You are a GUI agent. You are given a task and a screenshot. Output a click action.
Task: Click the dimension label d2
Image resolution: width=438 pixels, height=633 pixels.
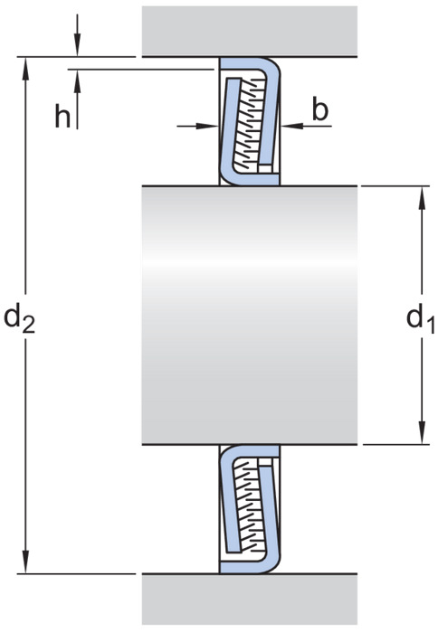tap(19, 318)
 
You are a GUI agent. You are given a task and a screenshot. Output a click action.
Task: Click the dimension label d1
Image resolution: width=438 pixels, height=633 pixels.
tap(421, 319)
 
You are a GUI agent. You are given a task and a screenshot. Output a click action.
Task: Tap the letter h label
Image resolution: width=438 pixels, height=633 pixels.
tap(62, 118)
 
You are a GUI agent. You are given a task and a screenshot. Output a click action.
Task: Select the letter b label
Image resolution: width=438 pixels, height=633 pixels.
tap(320, 109)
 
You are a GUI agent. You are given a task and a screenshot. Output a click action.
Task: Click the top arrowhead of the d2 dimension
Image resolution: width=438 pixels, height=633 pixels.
tap(26, 68)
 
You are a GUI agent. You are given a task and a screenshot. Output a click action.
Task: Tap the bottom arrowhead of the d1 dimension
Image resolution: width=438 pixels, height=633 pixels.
tap(423, 433)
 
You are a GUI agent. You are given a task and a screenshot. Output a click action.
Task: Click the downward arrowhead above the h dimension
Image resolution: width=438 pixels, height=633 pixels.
tap(78, 45)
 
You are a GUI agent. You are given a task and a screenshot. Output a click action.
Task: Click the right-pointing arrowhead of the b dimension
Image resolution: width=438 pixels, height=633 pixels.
tap(207, 126)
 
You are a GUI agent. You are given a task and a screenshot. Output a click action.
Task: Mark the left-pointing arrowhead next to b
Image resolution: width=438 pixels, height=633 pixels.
tap(292, 126)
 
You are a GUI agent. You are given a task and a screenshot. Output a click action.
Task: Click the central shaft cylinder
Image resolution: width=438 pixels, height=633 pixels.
tap(250, 316)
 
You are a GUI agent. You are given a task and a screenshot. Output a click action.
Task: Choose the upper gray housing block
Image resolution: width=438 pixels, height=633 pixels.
tap(250, 31)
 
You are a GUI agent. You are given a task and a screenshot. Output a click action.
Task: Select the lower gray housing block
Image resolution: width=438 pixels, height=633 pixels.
tap(250, 599)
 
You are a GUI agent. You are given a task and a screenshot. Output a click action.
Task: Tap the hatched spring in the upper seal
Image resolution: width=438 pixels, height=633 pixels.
tap(252, 123)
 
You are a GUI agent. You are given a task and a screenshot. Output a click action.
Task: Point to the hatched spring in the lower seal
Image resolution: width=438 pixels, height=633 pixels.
tap(252, 507)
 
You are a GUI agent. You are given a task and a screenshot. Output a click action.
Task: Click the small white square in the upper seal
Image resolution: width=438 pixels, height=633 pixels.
tap(265, 168)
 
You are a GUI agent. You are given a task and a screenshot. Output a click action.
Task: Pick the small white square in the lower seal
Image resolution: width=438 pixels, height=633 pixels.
tap(265, 462)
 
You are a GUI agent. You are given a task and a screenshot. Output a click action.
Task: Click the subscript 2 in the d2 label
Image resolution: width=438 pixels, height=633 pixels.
tap(29, 326)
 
